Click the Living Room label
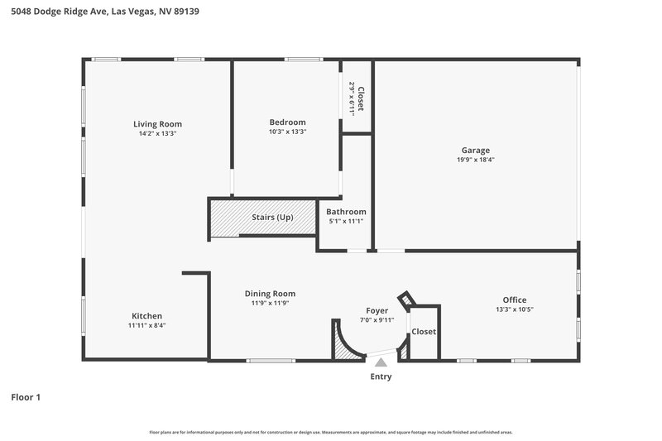157,124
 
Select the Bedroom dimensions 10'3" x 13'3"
287,132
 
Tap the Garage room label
476,151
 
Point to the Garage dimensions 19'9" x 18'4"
476,160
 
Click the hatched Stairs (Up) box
262,218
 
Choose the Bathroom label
346,212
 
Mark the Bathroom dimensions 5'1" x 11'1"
346,221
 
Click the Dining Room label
270,294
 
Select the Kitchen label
147,316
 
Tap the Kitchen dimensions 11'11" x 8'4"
147,325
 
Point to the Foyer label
377,311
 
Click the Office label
515,300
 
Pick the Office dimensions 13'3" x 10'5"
515,309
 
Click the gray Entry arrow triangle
381,362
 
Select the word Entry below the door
381,377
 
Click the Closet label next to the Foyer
424,332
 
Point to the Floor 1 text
26,397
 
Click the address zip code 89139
186,12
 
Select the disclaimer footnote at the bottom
331,432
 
